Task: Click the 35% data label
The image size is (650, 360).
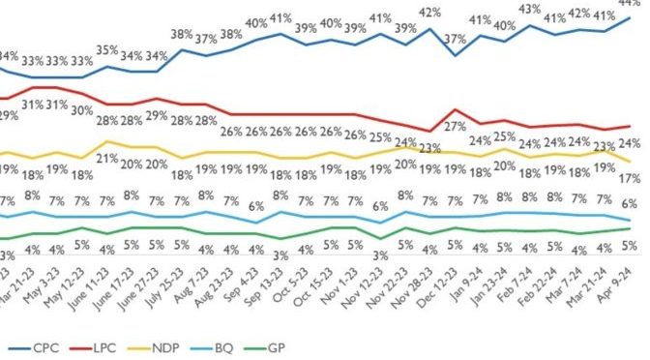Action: click(106, 49)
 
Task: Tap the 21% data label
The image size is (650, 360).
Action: click(106, 159)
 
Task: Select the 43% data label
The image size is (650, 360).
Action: click(531, 9)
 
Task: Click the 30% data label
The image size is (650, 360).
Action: click(81, 110)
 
